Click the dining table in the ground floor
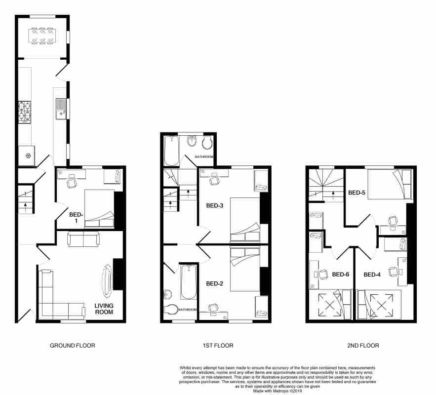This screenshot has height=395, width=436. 42,36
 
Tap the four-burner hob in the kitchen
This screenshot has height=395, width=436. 25,112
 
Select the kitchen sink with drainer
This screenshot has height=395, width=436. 61,109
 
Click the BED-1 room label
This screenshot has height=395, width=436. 76,218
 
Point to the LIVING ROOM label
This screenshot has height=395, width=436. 104,309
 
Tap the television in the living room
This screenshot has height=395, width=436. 107,280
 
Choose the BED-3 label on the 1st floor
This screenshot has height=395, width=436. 214,206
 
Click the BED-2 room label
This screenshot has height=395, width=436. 214,283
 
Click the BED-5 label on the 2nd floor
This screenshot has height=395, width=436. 357,193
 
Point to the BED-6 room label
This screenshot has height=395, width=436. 341,275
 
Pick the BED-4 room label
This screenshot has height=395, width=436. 372,275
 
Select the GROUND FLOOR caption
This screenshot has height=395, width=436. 72,346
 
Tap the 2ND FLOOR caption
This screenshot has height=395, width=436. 363,346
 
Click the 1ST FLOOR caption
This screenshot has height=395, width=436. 218,346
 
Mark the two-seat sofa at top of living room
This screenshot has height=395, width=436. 83,239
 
